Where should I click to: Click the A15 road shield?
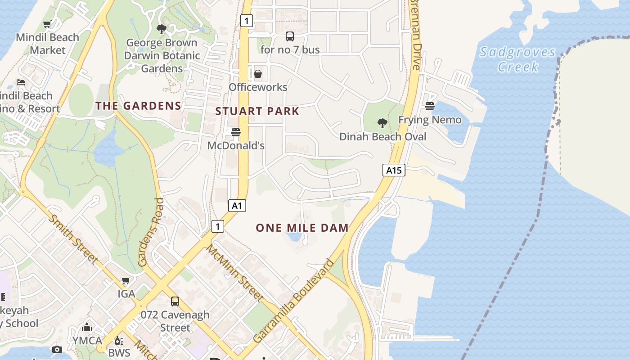coord(394,170)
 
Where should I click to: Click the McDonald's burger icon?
coord(235,132)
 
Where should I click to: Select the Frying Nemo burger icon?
coord(430,106)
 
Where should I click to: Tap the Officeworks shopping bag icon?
coord(258,73)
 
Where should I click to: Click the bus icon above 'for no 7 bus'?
coord(290,36)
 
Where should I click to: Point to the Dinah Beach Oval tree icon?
coord(382,123)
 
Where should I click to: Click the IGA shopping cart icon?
coord(126,281)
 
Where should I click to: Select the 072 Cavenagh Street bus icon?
coord(175,301)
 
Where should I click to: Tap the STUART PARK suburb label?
coord(257,111)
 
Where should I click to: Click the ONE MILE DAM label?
coord(302,228)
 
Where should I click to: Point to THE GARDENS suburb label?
coord(138,106)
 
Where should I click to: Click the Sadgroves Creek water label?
coord(517,59)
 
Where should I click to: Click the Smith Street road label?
coord(73,239)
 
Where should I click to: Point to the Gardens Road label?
coord(150,232)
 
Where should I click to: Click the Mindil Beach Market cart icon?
coord(47,24)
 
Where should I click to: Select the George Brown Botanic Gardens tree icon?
coord(161,30)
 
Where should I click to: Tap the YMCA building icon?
coord(87,327)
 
